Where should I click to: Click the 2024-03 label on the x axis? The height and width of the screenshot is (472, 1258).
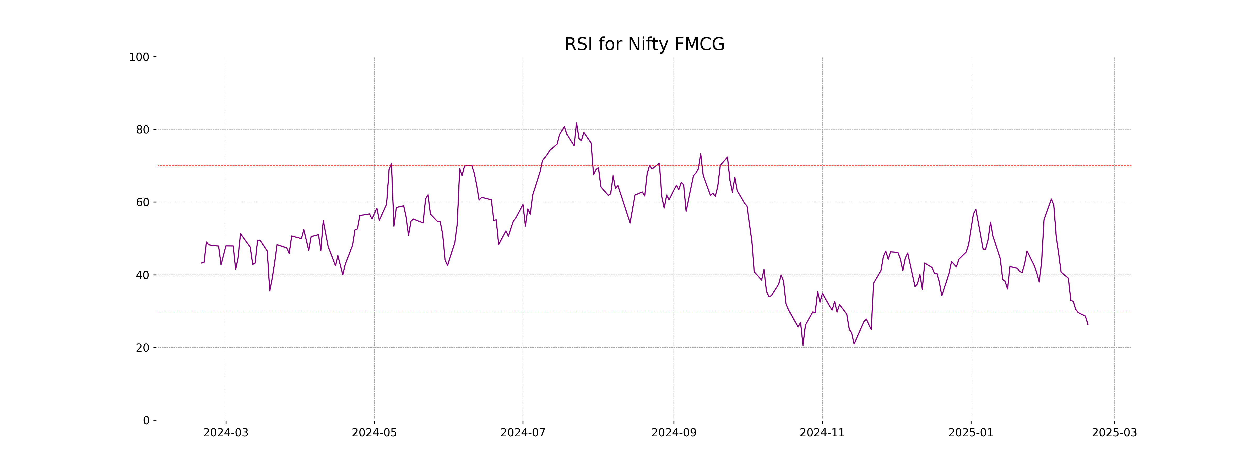(x=226, y=433)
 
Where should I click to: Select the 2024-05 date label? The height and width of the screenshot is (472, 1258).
(x=375, y=433)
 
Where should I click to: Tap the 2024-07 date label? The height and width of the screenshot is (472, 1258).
(x=523, y=433)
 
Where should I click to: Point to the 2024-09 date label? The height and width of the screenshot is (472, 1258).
(x=674, y=433)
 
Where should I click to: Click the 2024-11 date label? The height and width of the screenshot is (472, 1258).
(x=822, y=433)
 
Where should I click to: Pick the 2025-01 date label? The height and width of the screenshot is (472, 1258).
(x=971, y=433)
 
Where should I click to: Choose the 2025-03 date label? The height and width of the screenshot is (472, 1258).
(x=1114, y=433)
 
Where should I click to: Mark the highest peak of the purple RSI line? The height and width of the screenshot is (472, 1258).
(x=576, y=123)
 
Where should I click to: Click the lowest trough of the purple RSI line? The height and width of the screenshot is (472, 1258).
(x=803, y=345)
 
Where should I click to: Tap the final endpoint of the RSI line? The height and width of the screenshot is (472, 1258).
(x=1088, y=324)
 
